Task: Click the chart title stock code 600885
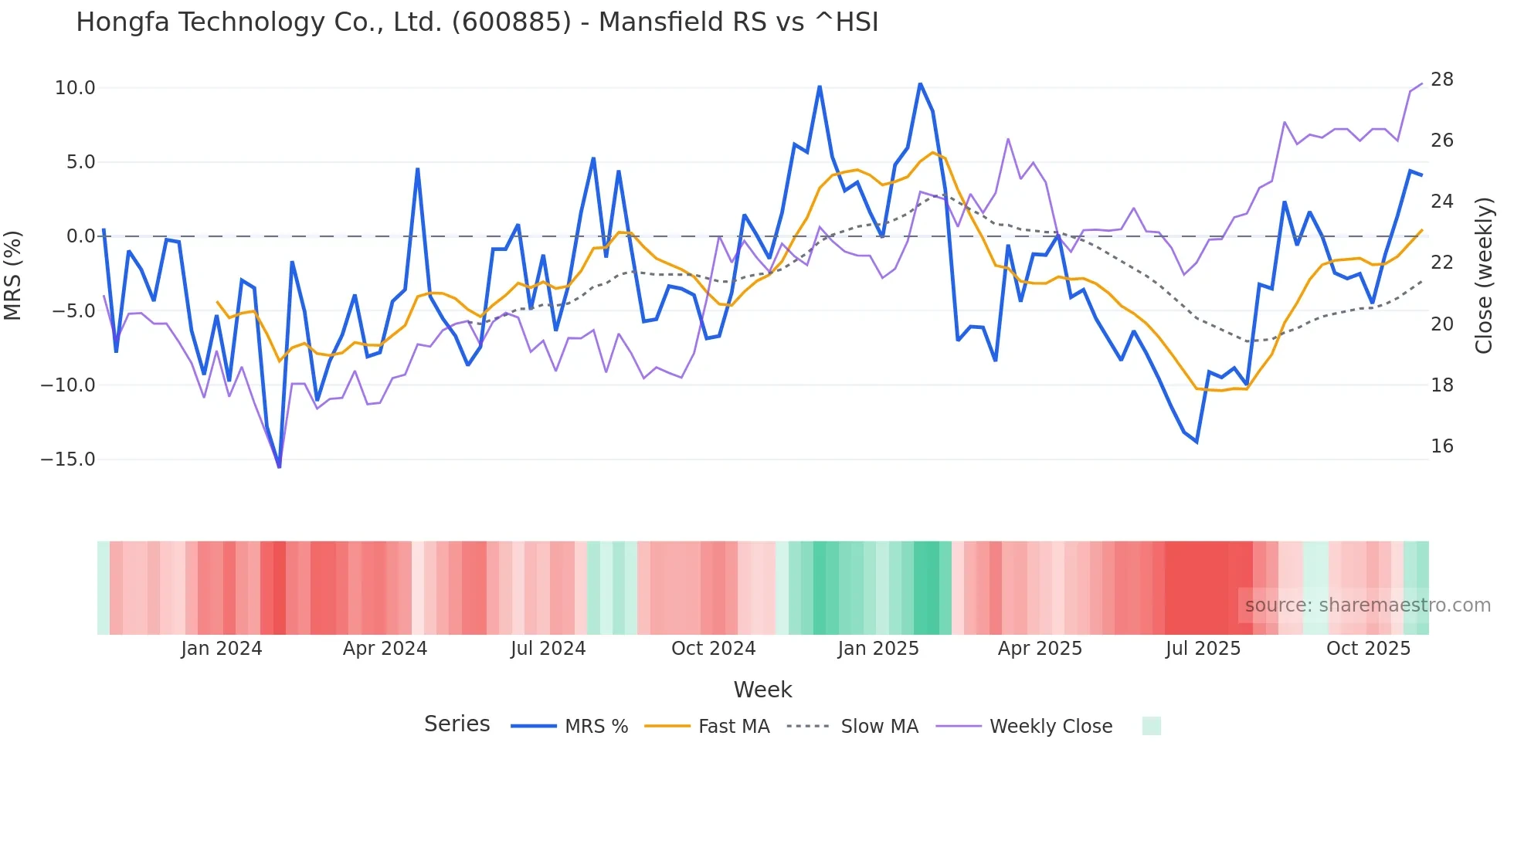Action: (x=511, y=22)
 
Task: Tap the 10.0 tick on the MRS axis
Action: (x=75, y=88)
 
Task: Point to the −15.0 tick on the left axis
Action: (x=69, y=459)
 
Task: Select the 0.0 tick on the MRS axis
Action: (x=80, y=236)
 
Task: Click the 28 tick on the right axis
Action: (x=1441, y=80)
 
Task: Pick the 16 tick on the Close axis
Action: (x=1441, y=446)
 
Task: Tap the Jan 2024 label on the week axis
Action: (x=222, y=649)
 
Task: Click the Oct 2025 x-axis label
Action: (x=1368, y=649)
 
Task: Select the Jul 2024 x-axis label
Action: (x=548, y=649)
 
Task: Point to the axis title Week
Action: (x=762, y=690)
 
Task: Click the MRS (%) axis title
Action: (x=13, y=275)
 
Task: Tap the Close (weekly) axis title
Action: (x=1483, y=276)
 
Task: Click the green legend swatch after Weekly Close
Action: (x=1151, y=726)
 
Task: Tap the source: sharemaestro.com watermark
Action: (x=1367, y=605)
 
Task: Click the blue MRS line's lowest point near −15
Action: (x=279, y=466)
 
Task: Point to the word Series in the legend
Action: (x=457, y=724)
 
